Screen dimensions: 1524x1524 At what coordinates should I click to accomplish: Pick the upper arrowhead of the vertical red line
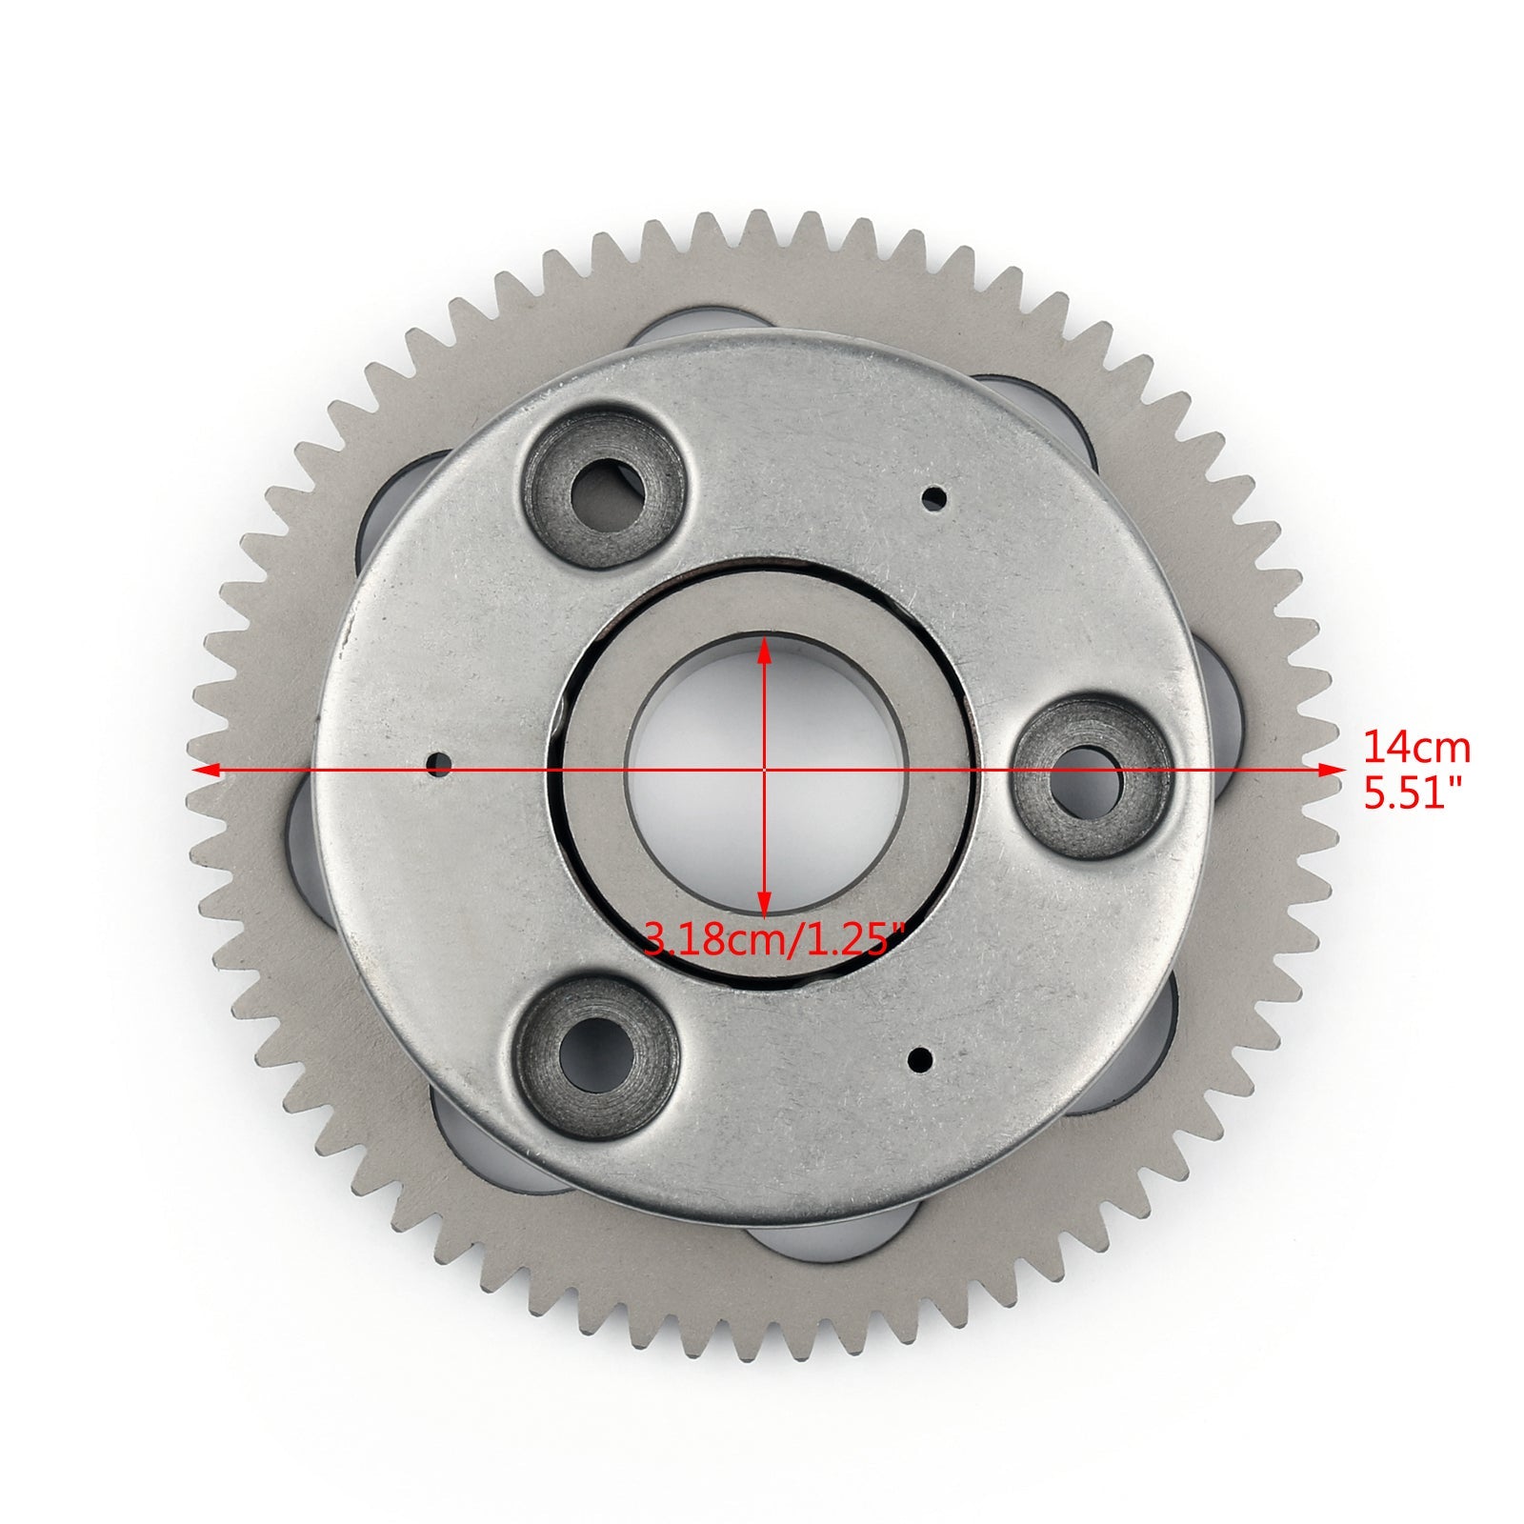763,649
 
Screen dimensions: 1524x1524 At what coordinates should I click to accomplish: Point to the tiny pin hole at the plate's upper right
938,495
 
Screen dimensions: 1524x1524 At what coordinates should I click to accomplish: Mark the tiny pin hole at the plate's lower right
922,1055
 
